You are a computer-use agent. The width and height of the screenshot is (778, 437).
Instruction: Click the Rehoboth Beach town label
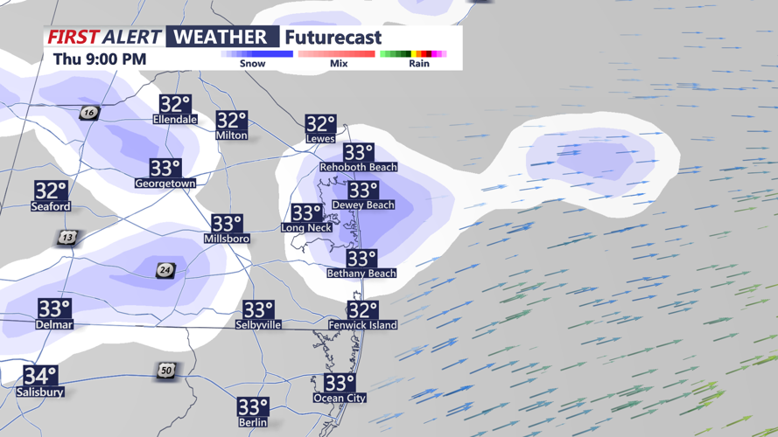tap(358, 167)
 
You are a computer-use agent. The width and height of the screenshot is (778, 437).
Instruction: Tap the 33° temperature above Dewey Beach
tap(362, 191)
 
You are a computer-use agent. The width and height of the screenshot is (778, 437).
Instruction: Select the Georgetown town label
tap(165, 184)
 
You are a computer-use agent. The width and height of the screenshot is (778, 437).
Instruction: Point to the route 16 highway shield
tap(88, 114)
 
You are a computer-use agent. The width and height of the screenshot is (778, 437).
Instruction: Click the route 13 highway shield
tap(67, 239)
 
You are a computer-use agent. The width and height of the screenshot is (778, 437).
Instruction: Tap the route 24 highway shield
tap(165, 271)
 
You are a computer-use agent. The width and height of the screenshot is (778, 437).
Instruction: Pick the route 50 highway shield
tap(166, 371)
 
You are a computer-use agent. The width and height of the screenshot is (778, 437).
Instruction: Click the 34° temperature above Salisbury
tap(40, 376)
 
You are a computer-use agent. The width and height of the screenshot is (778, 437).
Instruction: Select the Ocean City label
tap(340, 399)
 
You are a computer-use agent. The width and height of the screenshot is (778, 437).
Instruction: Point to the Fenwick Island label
tap(362, 325)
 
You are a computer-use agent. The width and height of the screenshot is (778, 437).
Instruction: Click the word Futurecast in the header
tap(333, 38)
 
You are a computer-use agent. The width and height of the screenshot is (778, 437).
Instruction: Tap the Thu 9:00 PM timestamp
tap(100, 59)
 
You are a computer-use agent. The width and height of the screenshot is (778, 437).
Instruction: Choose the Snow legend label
tap(252, 64)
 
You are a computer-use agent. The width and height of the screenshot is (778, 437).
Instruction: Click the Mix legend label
tap(339, 64)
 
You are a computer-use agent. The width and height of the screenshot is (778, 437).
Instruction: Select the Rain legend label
tap(419, 64)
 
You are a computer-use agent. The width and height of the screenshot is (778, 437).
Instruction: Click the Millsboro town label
tap(227, 239)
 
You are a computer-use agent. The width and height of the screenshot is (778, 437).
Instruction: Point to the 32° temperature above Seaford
tap(51, 191)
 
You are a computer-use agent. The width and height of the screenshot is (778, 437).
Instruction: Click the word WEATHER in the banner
tap(221, 37)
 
